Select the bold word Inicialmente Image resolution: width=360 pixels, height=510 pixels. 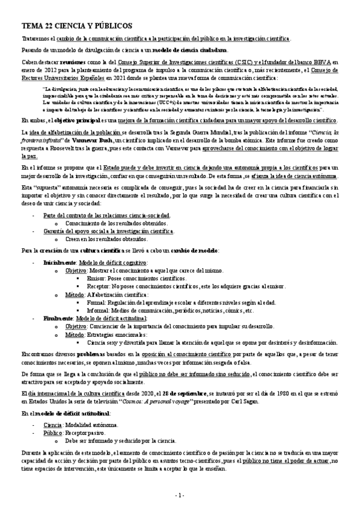click(x=59, y=263)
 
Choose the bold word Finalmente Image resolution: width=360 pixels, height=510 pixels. click(x=58, y=318)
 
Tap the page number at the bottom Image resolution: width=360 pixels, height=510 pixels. click(x=180, y=495)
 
